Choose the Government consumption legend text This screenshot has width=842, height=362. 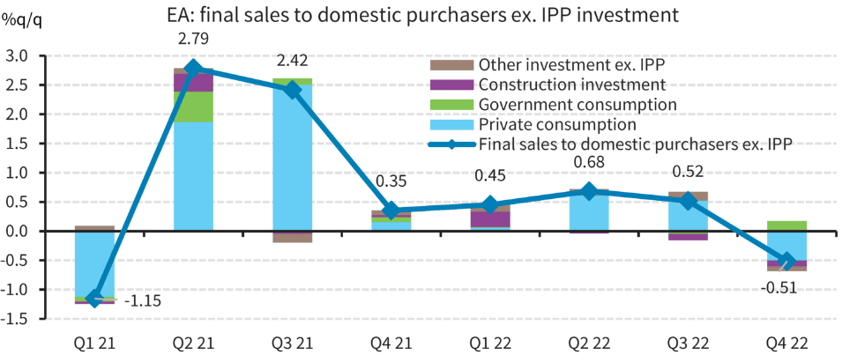[577, 105]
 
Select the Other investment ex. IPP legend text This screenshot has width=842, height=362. [571, 65]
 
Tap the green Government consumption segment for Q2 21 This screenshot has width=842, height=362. [193, 107]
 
